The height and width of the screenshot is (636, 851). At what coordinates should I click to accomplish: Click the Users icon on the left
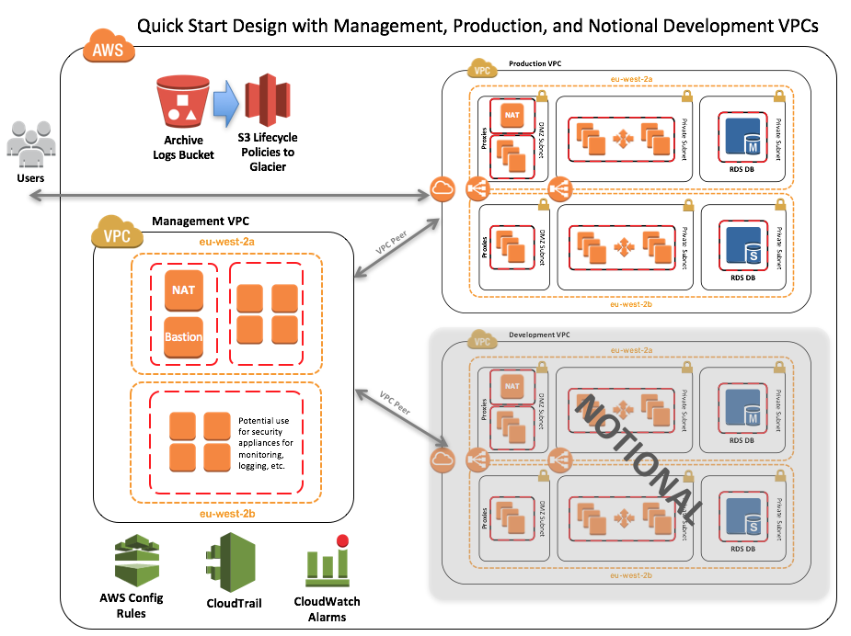(x=30, y=143)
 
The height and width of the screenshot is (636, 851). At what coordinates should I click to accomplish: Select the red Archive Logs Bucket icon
(x=182, y=102)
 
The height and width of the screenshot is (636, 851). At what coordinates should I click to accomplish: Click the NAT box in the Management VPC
(x=183, y=290)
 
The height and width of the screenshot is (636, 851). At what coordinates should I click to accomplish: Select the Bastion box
(x=183, y=336)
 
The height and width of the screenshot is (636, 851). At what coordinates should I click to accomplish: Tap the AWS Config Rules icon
(x=131, y=563)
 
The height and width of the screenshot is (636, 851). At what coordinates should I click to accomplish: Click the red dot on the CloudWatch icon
(x=343, y=541)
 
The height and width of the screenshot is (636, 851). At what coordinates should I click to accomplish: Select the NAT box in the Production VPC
(x=512, y=115)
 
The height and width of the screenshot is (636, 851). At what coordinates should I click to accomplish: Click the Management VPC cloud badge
(x=116, y=233)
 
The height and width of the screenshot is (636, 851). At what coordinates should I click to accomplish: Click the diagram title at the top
(x=477, y=26)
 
